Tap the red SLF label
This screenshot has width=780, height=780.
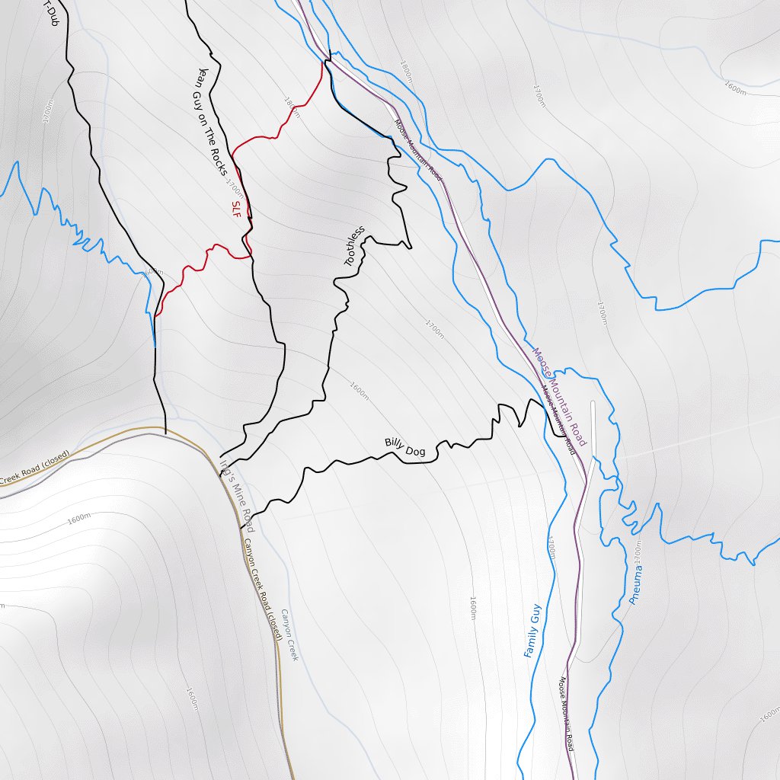235,209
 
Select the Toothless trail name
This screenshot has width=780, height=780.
355,246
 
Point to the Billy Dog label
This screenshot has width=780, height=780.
404,447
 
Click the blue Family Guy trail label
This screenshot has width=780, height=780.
532,631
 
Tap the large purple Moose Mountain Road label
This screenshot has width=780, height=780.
560,397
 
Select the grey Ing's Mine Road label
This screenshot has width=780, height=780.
236,494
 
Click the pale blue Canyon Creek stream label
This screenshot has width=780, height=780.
289,634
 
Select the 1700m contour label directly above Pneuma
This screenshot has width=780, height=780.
638,552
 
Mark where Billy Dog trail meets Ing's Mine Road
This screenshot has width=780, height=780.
242,518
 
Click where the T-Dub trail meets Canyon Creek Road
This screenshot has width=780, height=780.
165,432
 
